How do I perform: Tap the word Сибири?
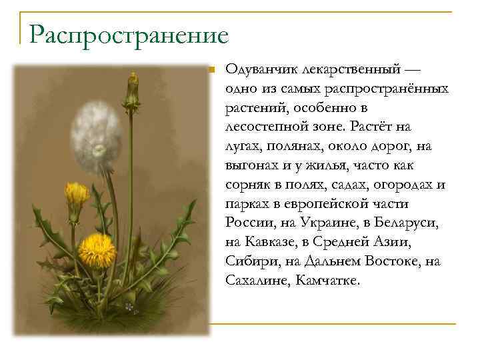[x=250, y=261]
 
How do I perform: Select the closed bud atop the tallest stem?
[x=133, y=90]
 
